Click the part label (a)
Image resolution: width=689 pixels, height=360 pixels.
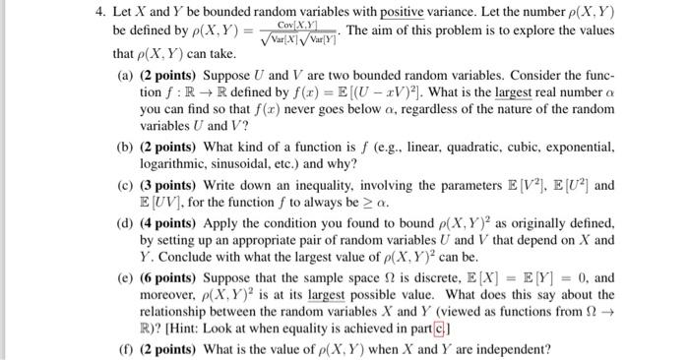[126, 75]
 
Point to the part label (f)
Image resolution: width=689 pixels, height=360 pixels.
[126, 349]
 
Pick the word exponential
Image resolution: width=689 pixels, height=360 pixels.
[580, 147]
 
